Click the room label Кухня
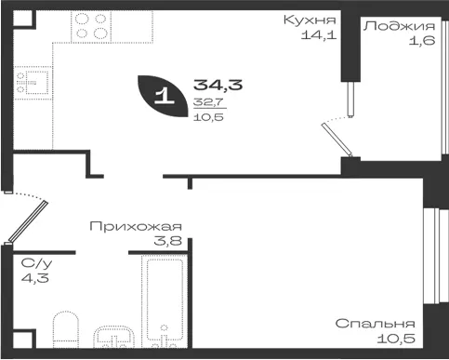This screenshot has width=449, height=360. point(310,20)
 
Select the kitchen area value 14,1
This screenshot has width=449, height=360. point(319,34)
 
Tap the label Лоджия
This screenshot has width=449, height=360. point(399,26)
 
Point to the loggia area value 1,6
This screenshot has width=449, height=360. point(422,41)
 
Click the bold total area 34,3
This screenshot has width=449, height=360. point(218,85)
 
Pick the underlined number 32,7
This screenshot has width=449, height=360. point(208,102)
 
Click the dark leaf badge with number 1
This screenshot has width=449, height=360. point(163,96)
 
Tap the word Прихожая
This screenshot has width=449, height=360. point(136,227)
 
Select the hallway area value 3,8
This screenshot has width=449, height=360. point(167,241)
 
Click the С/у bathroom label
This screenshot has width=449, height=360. point(36,263)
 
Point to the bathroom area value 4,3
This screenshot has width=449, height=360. point(35,278)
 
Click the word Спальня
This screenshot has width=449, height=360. point(375,324)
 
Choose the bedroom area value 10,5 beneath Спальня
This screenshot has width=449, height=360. point(396,339)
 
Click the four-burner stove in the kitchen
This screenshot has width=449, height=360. point(91,27)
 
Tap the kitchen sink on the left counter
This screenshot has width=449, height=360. point(33,83)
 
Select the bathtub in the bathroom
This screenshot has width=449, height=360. point(165,300)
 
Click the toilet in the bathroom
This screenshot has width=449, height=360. point(66,329)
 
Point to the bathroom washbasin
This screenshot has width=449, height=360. point(113,337)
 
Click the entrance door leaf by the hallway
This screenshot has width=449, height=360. point(28,221)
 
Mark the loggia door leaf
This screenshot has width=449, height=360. point(337,140)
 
